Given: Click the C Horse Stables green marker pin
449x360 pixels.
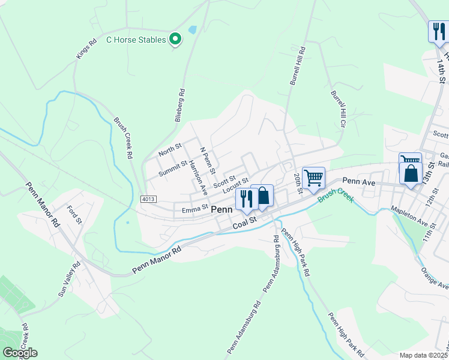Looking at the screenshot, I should coord(175,40).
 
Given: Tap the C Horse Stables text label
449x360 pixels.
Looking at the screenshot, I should coord(136,40).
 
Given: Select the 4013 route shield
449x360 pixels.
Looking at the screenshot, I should coord(149,199).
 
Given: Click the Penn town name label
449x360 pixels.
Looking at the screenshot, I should coord(221,210).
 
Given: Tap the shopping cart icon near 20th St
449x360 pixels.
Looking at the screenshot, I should coord(313,178).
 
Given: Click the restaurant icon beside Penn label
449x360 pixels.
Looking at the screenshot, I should coord(246,198).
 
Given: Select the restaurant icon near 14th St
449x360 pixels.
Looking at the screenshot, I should coord(438,31).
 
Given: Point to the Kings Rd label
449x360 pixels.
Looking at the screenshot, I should coord(86,49).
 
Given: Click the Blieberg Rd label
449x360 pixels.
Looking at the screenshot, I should coord(181,106).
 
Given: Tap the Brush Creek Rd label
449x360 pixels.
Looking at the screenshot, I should coord(122,137).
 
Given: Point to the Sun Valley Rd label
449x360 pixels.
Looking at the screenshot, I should coord(69,280).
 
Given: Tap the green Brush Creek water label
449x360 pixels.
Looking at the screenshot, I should coord(336,194).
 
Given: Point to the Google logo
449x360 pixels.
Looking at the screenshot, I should coord(20,353).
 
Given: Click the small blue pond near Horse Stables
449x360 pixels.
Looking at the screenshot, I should coord(192,29).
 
